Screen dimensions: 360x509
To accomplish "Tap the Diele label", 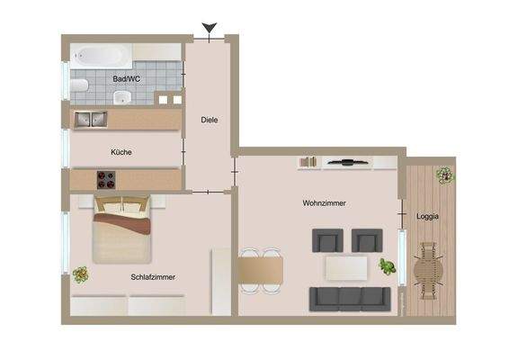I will [210, 119].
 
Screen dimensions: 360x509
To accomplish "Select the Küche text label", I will [121, 152].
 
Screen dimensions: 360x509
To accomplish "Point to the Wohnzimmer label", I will [324, 203].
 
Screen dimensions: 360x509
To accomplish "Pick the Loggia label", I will [427, 216].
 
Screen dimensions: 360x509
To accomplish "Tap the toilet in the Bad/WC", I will [79, 86].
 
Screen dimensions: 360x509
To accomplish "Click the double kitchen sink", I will [90, 118].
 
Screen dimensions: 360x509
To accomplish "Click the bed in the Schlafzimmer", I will [120, 229].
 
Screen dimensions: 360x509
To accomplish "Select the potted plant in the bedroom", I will [82, 274].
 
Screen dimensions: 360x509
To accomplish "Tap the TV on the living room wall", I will [345, 163].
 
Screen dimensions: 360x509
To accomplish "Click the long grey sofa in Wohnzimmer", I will [351, 298].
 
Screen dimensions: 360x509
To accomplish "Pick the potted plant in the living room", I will [387, 266].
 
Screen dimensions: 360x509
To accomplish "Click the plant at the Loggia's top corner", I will [443, 174].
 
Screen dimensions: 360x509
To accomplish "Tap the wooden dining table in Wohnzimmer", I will [261, 268].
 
